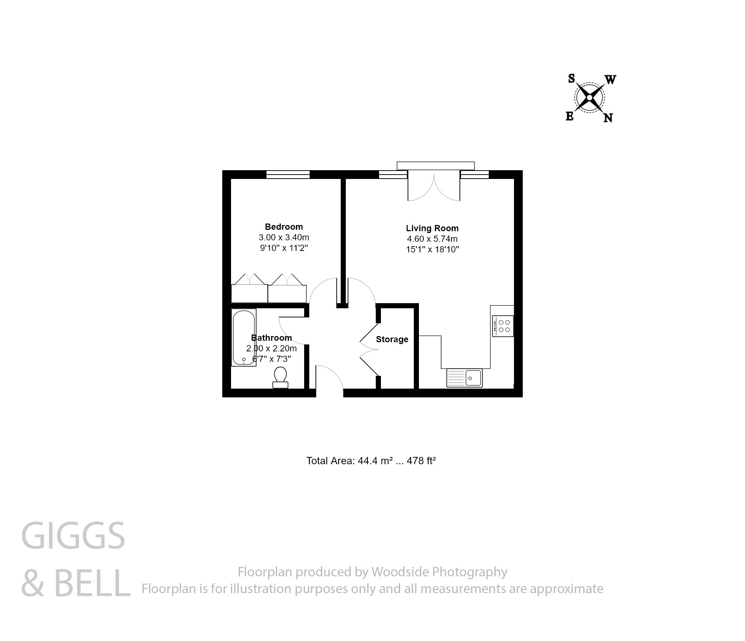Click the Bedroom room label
[284, 226]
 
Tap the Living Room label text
[432, 228]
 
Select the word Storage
[392, 339]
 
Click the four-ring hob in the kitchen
[503, 326]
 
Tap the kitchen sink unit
[464, 377]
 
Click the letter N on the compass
[608, 118]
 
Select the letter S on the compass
[571, 79]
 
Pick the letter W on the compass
[610, 80]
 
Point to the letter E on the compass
[570, 117]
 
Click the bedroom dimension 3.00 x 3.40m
[284, 237]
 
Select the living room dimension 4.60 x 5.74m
[432, 239]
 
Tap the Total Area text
[371, 461]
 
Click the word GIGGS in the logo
[73, 536]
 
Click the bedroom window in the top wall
[288, 175]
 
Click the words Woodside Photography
[439, 572]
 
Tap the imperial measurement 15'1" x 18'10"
[432, 249]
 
